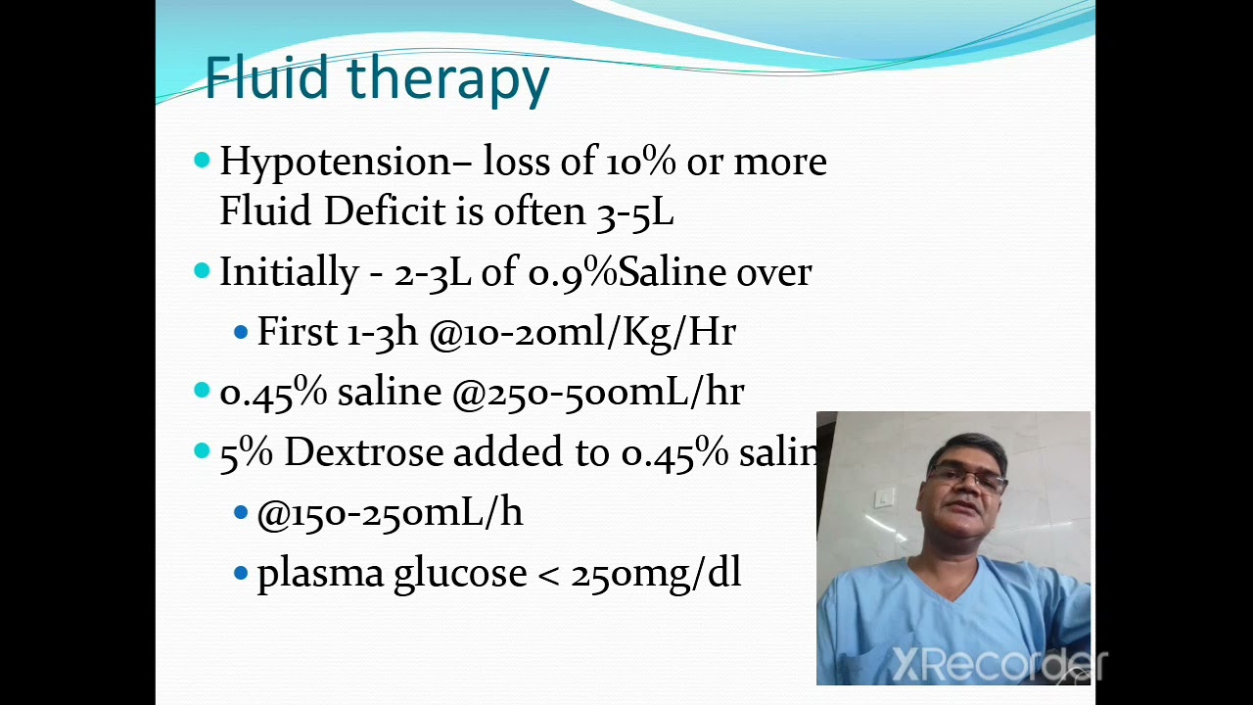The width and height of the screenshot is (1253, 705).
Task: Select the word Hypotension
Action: [335, 163]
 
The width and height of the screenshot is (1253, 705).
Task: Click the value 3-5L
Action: [635, 212]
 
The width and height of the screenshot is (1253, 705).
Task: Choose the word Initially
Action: [289, 273]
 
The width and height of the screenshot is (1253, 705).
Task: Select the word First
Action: [297, 331]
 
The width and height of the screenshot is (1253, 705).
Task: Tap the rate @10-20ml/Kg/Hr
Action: [582, 333]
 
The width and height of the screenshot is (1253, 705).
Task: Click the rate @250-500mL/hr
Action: [598, 393]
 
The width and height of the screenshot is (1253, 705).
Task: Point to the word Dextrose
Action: [364, 451]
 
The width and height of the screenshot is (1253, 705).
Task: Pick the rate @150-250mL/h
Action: [390, 512]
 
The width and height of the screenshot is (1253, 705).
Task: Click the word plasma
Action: [320, 575]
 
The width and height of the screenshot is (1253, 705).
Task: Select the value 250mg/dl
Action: [656, 573]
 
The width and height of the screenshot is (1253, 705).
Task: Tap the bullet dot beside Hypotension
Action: [202, 161]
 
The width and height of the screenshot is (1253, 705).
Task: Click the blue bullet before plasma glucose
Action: [241, 573]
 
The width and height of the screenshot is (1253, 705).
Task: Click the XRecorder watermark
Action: [999, 665]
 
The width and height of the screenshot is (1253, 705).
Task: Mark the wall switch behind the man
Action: [884, 497]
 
